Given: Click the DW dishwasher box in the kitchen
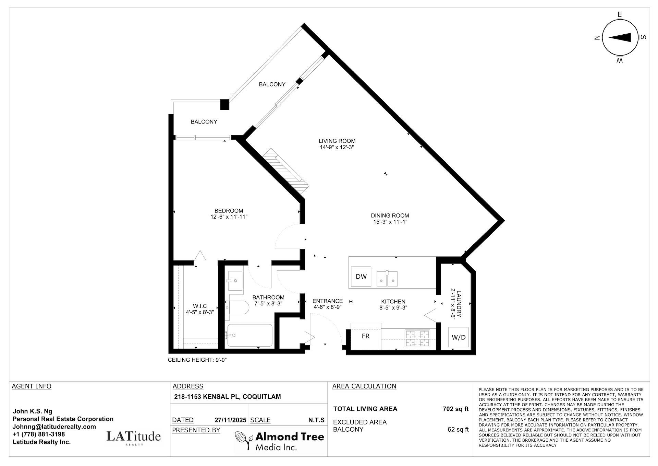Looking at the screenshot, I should click(361, 277).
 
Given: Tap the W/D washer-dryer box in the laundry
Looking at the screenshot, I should click(458, 337).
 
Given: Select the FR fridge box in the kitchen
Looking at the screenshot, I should click(366, 336).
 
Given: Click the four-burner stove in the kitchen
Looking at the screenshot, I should click(417, 338).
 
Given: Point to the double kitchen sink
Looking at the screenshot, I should click(387, 278).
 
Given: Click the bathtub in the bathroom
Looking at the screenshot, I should click(250, 335).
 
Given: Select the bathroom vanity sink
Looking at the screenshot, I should click(234, 281).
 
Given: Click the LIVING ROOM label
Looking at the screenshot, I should click(337, 141).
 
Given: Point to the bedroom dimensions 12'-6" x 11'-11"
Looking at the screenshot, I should click(229, 217).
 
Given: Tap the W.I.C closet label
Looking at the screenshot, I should click(199, 306).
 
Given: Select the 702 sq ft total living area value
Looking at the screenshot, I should click(455, 409).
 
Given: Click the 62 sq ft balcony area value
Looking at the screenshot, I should click(458, 429).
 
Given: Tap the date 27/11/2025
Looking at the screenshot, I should click(230, 420).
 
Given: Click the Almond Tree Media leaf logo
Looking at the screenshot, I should click(244, 441).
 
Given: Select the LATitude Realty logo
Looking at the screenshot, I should click(133, 437).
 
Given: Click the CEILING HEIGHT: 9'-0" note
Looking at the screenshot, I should click(197, 360).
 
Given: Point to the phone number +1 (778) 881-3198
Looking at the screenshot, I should click(38, 434).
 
